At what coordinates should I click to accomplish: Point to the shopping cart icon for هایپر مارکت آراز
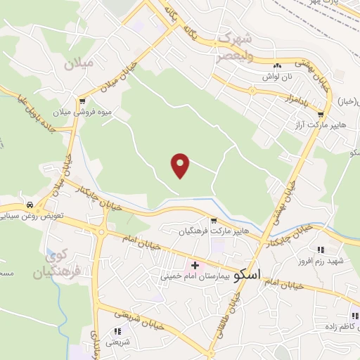[321, 114]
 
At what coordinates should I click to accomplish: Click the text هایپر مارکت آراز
[321, 124]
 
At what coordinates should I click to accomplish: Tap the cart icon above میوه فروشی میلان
[83, 101]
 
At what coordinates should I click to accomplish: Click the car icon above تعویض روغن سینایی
[30, 205]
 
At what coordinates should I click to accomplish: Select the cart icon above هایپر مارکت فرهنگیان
[214, 220]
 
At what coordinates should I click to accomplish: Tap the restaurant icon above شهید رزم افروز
[321, 250]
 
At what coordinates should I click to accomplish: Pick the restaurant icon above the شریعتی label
[117, 330]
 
